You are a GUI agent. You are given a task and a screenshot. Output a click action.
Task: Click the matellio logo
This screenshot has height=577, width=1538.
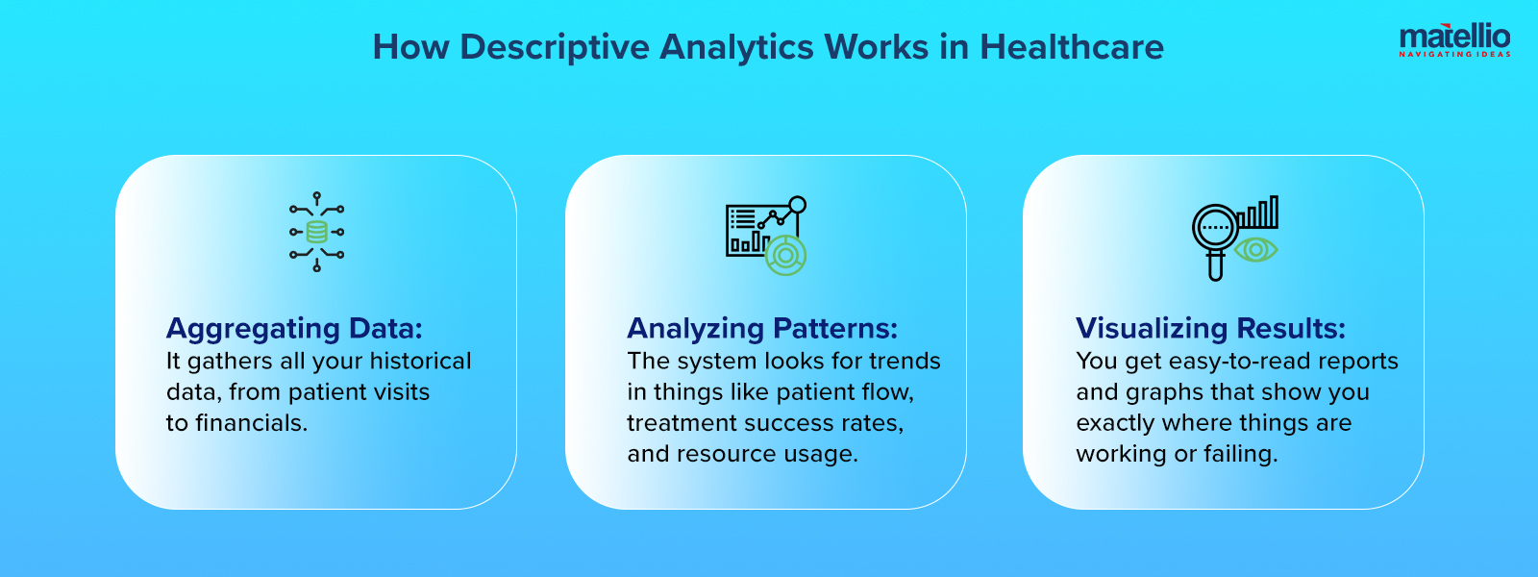1454,38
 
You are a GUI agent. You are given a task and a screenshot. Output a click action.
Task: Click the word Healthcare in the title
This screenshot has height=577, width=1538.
1072,47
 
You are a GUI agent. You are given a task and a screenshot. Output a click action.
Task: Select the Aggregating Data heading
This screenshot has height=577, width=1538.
294,329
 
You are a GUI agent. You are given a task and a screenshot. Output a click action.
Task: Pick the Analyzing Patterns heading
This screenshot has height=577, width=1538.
762,329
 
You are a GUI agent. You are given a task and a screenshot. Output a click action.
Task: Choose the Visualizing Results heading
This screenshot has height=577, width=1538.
1210,329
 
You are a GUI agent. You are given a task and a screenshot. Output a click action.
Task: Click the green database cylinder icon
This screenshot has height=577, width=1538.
316,232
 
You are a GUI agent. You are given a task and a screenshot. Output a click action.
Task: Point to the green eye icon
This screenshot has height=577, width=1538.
1255,250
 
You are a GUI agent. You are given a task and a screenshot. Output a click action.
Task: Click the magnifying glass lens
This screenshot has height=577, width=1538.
1215,228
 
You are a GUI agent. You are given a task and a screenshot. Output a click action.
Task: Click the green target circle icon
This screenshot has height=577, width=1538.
785,255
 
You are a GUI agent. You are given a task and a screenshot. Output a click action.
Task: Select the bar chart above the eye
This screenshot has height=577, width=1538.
1258,213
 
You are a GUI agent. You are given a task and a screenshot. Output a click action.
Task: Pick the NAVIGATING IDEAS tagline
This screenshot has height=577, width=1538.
1454,55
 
